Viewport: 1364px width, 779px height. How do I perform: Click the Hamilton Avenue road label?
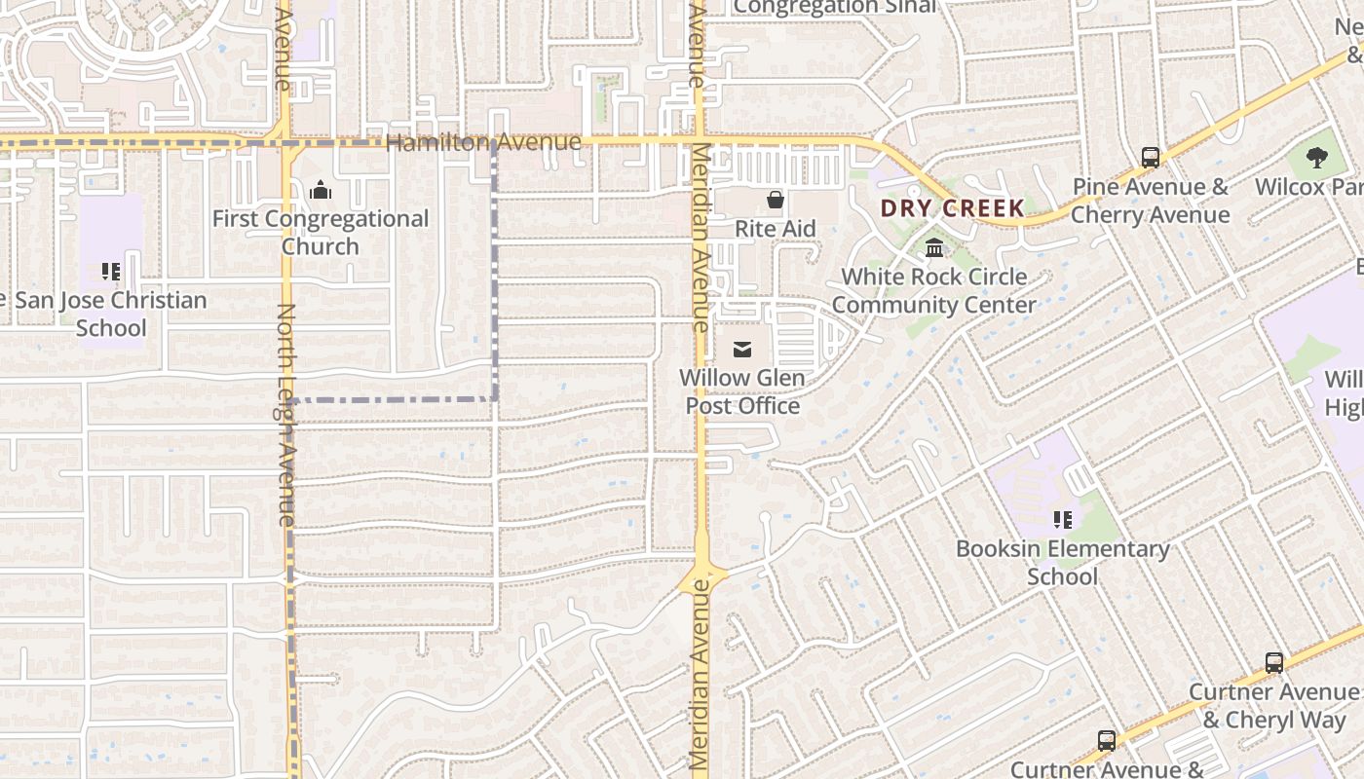click(x=483, y=143)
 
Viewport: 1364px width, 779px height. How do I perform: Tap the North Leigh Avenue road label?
click(x=285, y=415)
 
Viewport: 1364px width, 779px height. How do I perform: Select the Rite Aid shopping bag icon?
click(x=776, y=201)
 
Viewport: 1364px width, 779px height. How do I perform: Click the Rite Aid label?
click(x=776, y=229)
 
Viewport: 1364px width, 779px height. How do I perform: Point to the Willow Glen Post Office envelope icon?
click(x=742, y=350)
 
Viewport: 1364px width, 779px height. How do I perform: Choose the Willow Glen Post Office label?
click(x=742, y=391)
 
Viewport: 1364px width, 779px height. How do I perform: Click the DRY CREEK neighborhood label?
click(x=952, y=207)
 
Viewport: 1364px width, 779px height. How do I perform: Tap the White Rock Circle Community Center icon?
click(x=934, y=248)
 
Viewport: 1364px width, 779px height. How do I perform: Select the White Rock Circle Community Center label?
click(x=934, y=290)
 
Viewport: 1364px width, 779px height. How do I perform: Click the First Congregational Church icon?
click(x=321, y=191)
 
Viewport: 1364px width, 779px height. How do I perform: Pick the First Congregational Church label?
click(x=321, y=233)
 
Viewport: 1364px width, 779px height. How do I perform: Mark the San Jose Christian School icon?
click(x=111, y=272)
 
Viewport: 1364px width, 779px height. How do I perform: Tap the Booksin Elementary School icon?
click(x=1062, y=520)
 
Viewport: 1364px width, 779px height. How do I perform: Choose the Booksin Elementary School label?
click(x=1062, y=562)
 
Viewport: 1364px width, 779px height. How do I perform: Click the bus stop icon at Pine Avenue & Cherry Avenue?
click(x=1151, y=157)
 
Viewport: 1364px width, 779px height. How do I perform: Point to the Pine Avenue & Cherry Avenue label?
click(x=1151, y=201)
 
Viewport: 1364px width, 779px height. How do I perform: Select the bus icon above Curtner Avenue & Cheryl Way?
click(x=1273, y=663)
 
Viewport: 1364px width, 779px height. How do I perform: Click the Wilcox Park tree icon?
click(x=1316, y=158)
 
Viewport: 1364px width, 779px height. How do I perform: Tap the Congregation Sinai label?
click(x=834, y=7)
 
